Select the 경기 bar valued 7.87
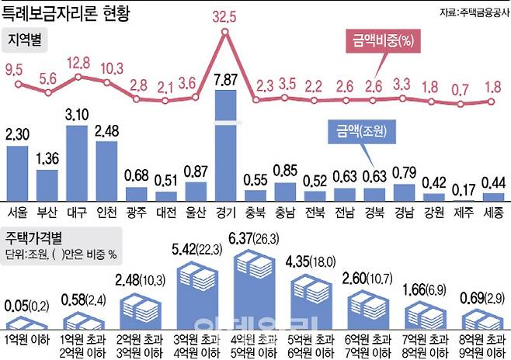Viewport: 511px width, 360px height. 225,146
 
